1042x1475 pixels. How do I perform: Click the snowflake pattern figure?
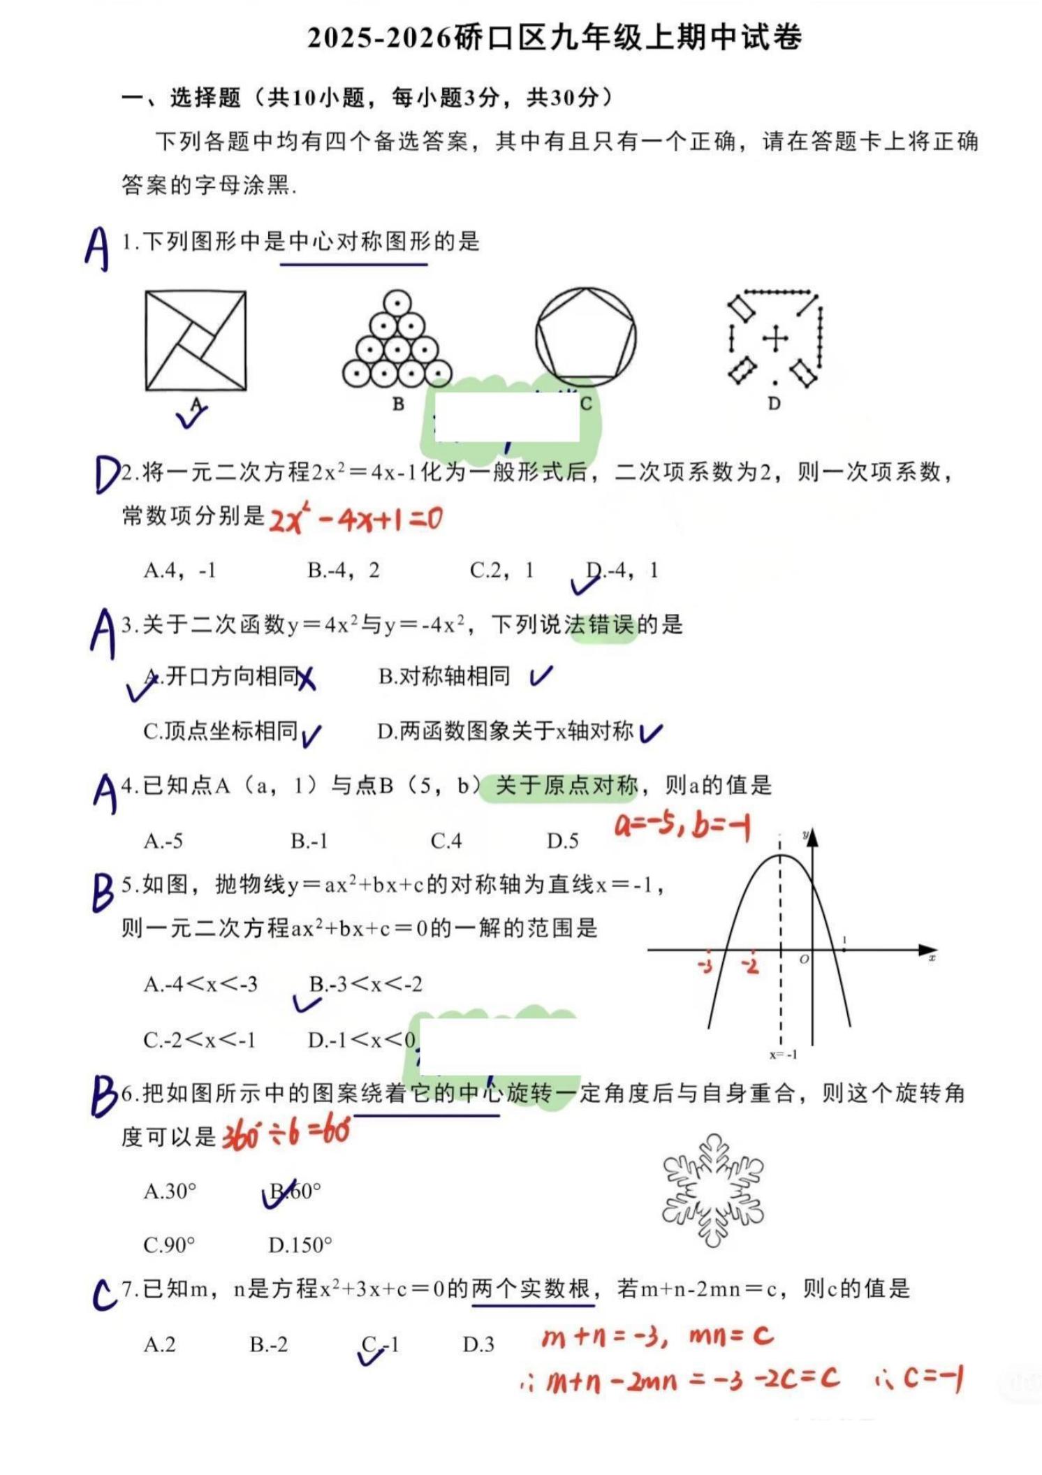712,1190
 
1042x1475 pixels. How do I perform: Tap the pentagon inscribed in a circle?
585,338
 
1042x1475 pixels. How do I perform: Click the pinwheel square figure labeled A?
196,341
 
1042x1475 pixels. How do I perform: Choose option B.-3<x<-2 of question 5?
366,985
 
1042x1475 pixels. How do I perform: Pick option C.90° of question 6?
169,1245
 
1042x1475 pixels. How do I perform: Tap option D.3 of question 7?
478,1344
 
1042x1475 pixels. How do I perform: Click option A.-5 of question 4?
163,842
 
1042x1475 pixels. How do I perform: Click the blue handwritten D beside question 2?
107,475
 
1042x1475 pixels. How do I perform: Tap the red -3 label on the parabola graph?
705,966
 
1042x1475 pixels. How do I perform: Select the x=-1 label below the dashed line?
783,1055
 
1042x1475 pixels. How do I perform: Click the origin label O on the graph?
804,960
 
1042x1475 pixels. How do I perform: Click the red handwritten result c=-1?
933,1379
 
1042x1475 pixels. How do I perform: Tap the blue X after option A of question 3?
306,678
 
